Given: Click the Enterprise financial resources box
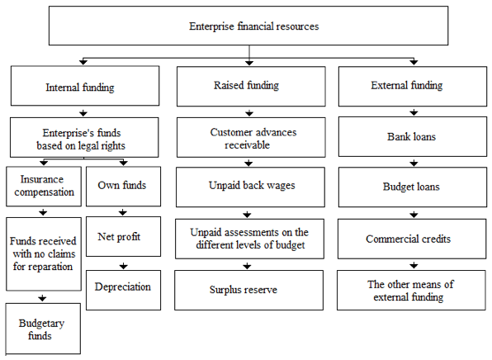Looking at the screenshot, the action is pos(248,26).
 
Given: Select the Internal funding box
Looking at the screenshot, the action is pos(85,86).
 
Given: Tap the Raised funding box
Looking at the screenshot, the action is pos(251,87).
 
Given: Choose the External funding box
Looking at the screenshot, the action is pos(413,87).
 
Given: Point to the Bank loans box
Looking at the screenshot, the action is pos(413,137).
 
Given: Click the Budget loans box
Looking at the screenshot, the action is pos(413,187).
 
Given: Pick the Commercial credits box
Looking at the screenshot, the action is pos(412,239).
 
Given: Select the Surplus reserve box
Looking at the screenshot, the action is pos(248,291).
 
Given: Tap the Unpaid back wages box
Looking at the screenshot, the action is pos(250,187).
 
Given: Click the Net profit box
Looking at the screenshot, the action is pos(123,236).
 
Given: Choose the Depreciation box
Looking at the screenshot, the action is pos(123,291).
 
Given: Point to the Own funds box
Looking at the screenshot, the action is pos(123,187).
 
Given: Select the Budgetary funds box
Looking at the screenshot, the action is pos(43,329).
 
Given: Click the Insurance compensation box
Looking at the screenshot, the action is pos(44,187).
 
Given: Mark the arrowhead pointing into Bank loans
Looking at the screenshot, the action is pos(414,112).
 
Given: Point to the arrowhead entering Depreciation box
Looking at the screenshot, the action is pos(123,267).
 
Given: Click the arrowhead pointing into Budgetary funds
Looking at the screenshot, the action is pos(42,298).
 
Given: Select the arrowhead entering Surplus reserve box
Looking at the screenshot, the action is pos(248,267).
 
